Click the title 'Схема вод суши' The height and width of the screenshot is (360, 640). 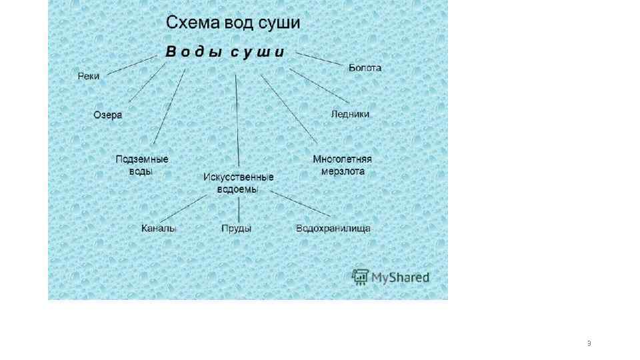[x=233, y=23]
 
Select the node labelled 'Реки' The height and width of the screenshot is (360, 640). [x=89, y=76]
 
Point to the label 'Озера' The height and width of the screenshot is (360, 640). [x=107, y=115]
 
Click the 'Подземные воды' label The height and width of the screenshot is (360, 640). [x=141, y=165]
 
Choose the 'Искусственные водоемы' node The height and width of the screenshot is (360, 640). [x=238, y=183]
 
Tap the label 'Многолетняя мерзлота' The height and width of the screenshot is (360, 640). [x=342, y=165]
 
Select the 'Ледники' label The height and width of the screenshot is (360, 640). [x=350, y=114]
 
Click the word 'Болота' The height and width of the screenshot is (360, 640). [x=365, y=67]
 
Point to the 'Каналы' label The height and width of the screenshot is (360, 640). [x=159, y=229]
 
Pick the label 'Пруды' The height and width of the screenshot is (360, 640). [x=236, y=229]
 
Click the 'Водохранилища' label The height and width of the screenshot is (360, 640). [x=333, y=229]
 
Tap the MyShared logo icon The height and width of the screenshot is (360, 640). [x=360, y=276]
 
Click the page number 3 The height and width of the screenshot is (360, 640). [x=589, y=343]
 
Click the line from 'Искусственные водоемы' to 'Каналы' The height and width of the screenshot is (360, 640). [x=187, y=207]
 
